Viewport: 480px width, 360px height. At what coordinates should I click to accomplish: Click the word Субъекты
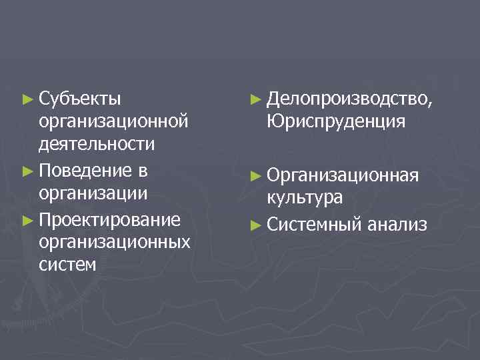tap(80, 100)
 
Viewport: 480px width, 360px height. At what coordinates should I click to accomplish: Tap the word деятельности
tap(97, 144)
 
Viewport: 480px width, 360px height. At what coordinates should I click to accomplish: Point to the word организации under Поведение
tap(93, 193)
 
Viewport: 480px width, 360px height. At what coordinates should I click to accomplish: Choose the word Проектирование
tap(110, 219)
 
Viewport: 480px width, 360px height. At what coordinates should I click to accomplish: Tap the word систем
tap(68, 265)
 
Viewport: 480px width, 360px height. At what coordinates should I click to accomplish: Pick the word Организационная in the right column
tap(343, 175)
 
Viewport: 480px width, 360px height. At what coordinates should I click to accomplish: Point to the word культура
tap(305, 197)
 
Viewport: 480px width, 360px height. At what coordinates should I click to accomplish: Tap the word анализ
tap(397, 224)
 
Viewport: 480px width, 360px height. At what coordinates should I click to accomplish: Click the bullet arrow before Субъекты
tap(27, 100)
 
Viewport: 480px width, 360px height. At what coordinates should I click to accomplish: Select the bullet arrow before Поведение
tap(27, 171)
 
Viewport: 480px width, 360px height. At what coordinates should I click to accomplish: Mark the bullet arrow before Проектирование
tap(27, 219)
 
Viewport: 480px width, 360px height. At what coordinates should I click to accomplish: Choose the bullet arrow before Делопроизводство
tap(255, 100)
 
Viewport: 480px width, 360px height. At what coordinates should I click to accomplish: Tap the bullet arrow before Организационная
tap(255, 175)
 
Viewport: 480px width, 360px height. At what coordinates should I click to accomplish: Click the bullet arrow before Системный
tap(255, 224)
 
